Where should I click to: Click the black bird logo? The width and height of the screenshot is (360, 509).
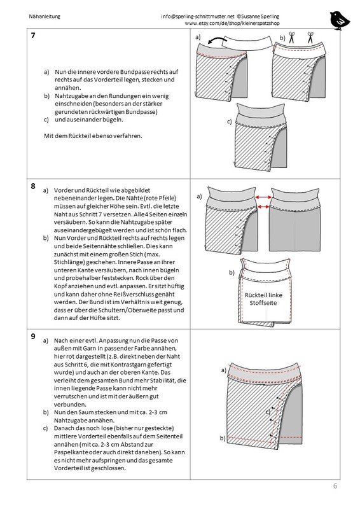pyautogui.click(x=340, y=20)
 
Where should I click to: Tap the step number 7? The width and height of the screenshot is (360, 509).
pyautogui.click(x=33, y=36)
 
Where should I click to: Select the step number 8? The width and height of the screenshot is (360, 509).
pyautogui.click(x=33, y=186)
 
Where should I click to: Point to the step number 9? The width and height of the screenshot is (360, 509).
pyautogui.click(x=33, y=337)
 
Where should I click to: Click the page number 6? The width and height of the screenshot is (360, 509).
pyautogui.click(x=335, y=486)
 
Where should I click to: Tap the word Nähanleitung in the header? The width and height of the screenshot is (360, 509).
pyautogui.click(x=45, y=17)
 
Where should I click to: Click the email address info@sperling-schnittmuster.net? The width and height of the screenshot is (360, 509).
pyautogui.click(x=198, y=17)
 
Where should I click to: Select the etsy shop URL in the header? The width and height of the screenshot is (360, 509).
pyautogui.click(x=232, y=24)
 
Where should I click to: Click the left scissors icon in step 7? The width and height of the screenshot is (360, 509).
pyautogui.click(x=291, y=38)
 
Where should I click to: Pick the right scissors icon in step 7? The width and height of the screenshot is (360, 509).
pyautogui.click(x=310, y=38)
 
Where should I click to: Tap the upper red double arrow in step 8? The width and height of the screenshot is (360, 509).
pyautogui.click(x=263, y=197)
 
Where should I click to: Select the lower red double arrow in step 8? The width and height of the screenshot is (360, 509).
pyautogui.click(x=263, y=207)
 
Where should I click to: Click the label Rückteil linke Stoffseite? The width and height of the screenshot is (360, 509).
pyautogui.click(x=263, y=299)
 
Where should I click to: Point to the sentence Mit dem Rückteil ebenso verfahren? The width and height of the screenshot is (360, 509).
pyautogui.click(x=93, y=136)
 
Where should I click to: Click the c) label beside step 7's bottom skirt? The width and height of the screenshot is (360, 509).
pyautogui.click(x=230, y=122)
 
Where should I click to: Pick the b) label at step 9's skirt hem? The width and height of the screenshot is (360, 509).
pyautogui.click(x=223, y=438)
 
